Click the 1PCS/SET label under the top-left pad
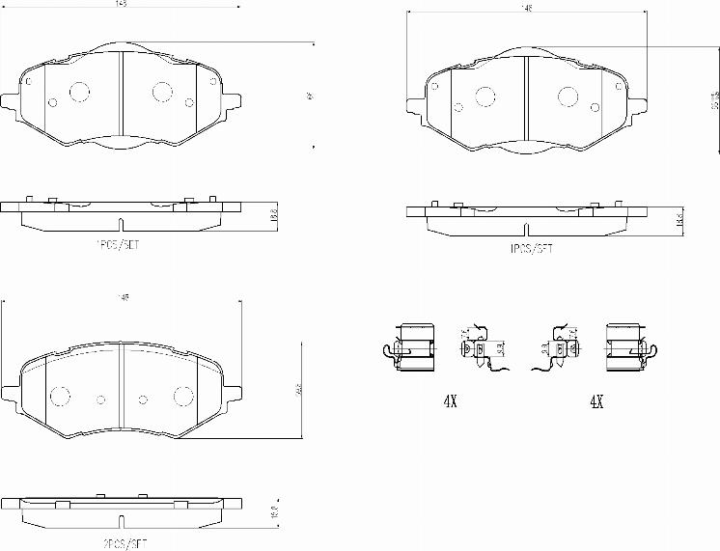117,245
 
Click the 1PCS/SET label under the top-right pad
531,248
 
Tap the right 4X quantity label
595,401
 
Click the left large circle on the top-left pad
78,91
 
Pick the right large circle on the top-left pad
161,91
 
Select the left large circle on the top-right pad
484,96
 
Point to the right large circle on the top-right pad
567,96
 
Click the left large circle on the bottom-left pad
61,396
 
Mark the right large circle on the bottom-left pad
181,396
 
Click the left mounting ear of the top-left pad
11,101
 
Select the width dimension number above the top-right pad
527,9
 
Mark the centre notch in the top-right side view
525,231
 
